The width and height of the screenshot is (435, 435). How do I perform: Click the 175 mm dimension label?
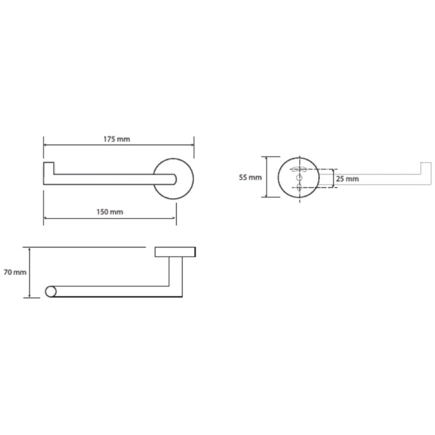click(x=117, y=139)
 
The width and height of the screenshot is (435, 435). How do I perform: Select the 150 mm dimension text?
click(x=110, y=212)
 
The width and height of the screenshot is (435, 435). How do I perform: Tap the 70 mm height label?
click(x=15, y=272)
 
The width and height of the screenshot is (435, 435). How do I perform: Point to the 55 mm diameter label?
click(x=250, y=177)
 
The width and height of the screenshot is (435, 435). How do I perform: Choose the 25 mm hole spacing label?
click(x=347, y=179)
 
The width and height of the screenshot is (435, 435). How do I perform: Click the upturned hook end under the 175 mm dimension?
click(x=49, y=168)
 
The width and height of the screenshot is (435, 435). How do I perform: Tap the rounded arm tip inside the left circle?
click(x=174, y=179)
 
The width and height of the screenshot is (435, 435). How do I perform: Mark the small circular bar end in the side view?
click(x=50, y=292)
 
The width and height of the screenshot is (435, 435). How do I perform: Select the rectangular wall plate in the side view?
click(x=175, y=252)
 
